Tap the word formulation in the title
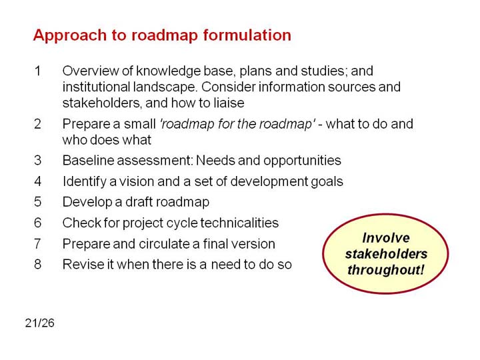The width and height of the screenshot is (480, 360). [247, 35]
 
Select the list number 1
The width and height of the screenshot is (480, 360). [37, 71]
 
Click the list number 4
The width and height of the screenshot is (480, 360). [37, 181]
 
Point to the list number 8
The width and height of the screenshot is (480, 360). [37, 264]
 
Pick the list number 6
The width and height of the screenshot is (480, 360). [37, 223]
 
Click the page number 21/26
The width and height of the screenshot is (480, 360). [40, 323]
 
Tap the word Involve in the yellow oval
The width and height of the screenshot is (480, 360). [386, 238]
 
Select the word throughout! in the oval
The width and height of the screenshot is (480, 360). [386, 270]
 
